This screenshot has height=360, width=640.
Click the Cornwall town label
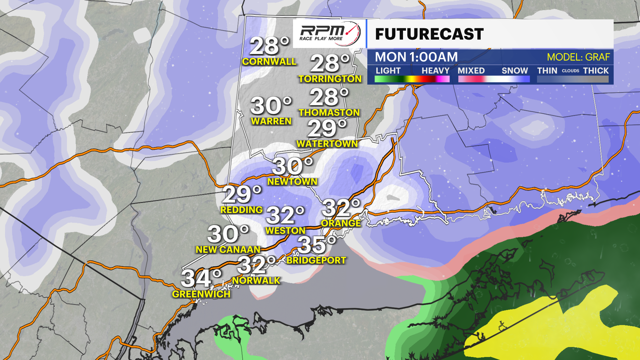(269, 62)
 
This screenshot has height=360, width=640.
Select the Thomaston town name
(329, 113)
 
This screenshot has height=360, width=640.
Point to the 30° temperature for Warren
(271, 106)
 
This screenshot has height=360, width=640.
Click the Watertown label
(327, 144)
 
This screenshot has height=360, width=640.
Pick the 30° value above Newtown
(292, 166)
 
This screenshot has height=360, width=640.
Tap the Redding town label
(242, 210)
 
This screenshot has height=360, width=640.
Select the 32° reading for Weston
(285, 215)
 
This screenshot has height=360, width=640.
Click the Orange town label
(341, 223)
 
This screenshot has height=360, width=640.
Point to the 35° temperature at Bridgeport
(316, 245)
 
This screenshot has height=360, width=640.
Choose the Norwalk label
(256, 281)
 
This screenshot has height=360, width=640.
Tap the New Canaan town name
(228, 250)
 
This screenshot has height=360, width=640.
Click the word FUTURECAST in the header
(429, 34)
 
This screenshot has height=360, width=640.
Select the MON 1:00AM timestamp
(416, 57)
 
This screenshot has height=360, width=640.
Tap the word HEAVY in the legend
(435, 71)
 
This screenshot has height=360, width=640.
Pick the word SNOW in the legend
(515, 71)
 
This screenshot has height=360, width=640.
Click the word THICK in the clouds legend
(596, 71)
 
